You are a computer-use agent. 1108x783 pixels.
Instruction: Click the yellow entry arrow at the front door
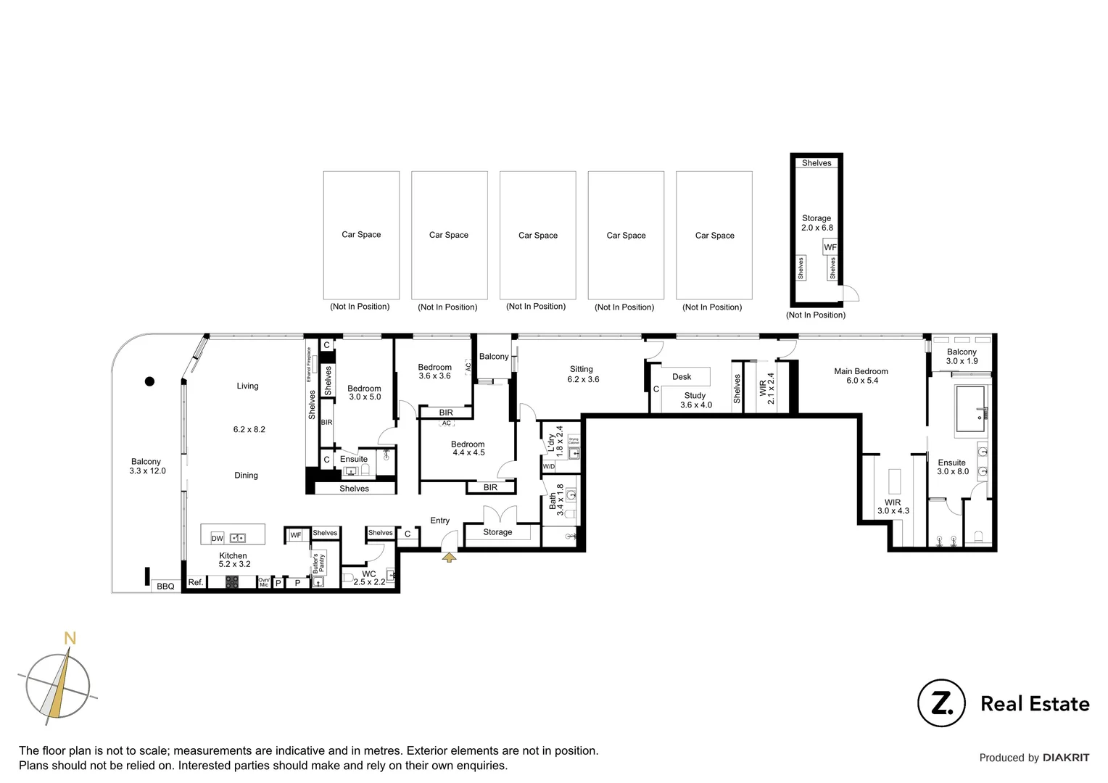point(449,557)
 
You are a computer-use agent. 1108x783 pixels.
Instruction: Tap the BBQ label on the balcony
point(165,586)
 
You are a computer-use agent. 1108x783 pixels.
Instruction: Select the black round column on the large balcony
point(149,381)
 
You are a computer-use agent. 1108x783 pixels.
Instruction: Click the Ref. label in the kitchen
point(195,582)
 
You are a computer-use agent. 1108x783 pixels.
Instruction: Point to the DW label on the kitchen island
point(217,538)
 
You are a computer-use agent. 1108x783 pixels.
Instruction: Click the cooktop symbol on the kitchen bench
point(232,582)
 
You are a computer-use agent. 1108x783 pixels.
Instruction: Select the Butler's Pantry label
point(318,564)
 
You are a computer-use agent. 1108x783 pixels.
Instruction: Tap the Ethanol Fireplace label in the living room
point(308,365)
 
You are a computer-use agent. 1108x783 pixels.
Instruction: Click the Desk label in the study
point(682,376)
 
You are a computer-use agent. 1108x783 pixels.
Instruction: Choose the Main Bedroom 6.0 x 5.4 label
point(861,376)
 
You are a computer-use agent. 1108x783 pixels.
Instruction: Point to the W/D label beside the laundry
point(549,467)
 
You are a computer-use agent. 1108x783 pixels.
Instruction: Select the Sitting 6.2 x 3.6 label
point(582,374)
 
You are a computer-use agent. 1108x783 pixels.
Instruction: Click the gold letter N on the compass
point(70,638)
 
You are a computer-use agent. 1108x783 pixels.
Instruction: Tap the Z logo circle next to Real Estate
point(941,703)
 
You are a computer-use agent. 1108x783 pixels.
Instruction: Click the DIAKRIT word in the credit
point(1065,758)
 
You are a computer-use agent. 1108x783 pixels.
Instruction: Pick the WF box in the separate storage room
point(830,247)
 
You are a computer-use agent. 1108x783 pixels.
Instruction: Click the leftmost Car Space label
point(361,234)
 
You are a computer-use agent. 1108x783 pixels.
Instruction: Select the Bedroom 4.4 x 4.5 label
point(468,448)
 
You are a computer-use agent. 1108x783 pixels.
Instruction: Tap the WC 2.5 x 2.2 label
point(369,578)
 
